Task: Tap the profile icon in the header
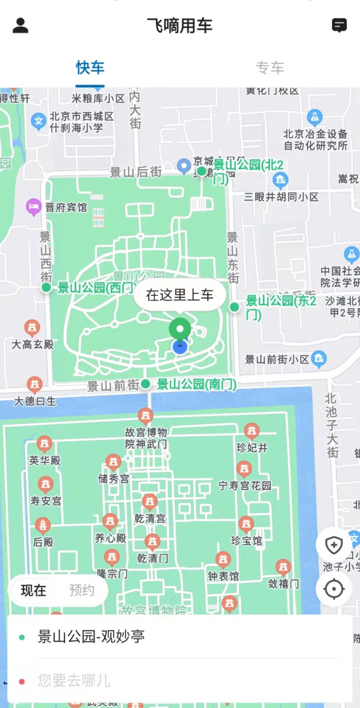coord(21,25)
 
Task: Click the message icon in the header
coord(339,25)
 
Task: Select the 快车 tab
coord(90,68)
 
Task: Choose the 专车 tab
coord(270,68)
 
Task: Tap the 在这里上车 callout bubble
coord(180,295)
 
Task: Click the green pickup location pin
coord(180,329)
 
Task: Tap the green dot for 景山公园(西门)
coord(46,287)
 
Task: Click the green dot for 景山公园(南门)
coord(146,384)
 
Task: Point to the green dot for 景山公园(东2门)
coord(234,307)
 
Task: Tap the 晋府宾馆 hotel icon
coord(34,206)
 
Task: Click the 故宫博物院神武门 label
coord(146,438)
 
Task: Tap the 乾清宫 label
coord(150,518)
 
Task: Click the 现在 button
coord(34,590)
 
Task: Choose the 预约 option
coord(82,590)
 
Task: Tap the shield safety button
coord(334,545)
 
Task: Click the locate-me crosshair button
coord(334,589)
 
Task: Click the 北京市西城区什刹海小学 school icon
coord(39,121)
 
